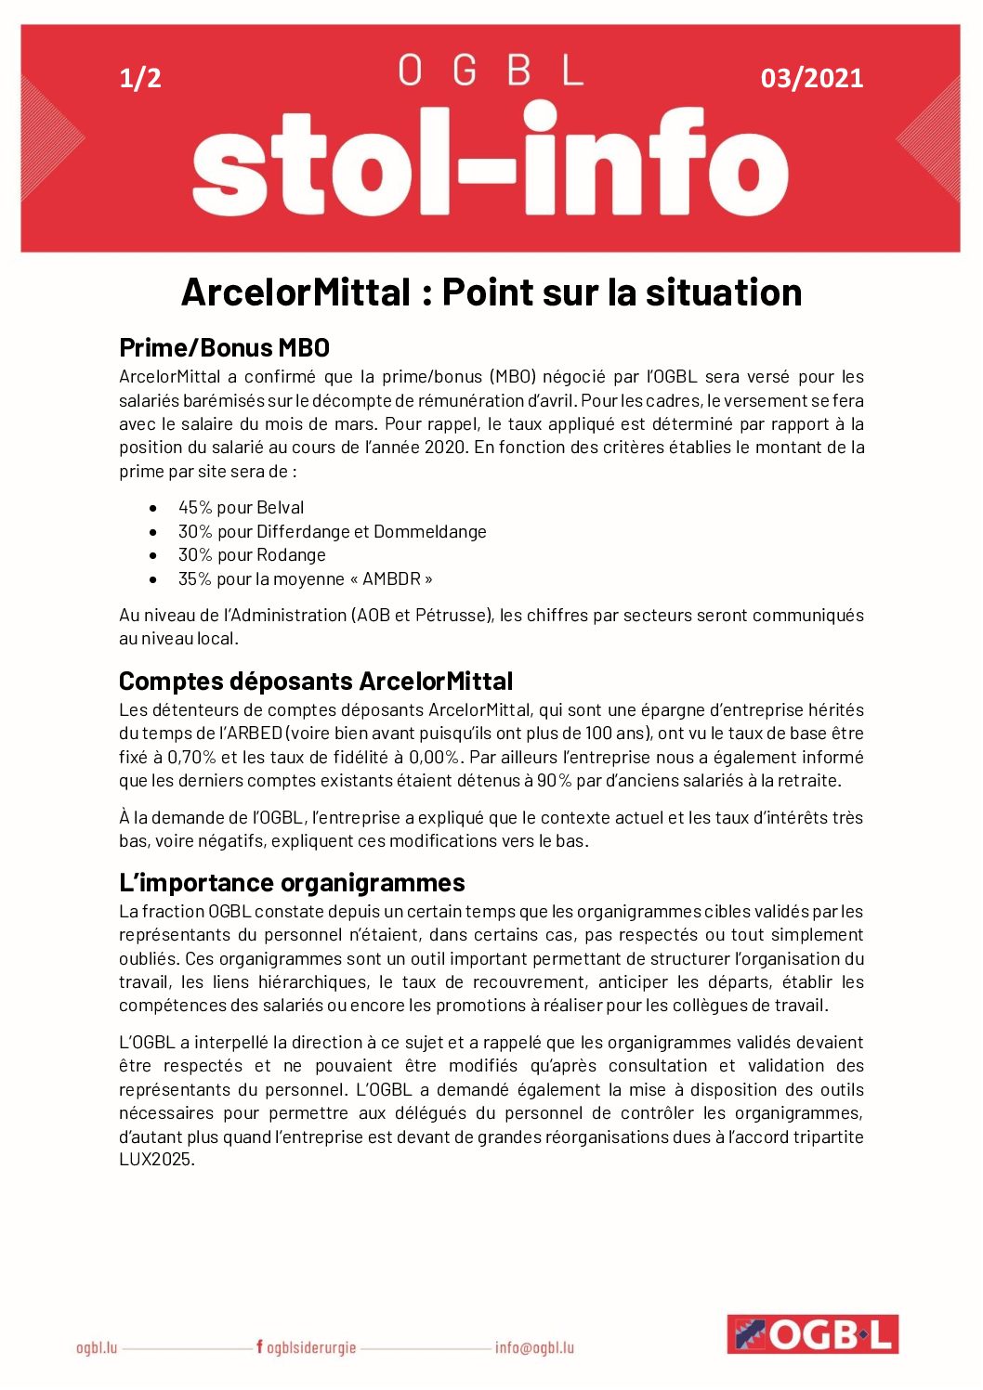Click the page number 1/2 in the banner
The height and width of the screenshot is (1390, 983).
140,78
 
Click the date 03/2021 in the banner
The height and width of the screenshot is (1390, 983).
811,78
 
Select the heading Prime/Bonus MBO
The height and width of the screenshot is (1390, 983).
224,347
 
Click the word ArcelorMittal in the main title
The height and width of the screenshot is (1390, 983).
295,292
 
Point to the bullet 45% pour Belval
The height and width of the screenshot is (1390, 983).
241,508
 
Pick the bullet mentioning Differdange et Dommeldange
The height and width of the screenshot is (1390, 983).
332,532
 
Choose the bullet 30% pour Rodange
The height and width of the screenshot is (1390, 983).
252,555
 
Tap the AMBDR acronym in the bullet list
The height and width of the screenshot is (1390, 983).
390,579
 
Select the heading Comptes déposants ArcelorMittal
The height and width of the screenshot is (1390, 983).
315,682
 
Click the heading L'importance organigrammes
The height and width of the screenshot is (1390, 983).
292,882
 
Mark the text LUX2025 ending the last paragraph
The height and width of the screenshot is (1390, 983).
155,1160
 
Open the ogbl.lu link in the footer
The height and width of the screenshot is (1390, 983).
97,1348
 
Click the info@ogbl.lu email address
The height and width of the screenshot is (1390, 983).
534,1348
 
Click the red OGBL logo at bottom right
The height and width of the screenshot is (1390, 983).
812,1334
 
